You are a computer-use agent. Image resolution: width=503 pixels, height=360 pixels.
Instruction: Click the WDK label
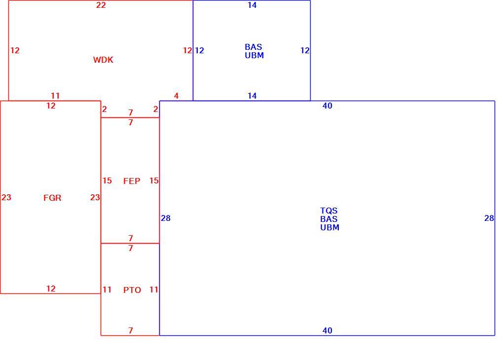[x=103, y=60]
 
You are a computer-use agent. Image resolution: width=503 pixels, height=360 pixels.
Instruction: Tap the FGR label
[x=52, y=198]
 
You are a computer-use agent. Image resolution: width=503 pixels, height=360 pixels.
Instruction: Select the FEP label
[x=132, y=181]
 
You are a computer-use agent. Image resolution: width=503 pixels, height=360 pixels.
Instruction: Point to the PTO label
[x=132, y=290]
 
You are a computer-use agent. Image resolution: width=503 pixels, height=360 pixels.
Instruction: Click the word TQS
[x=329, y=211]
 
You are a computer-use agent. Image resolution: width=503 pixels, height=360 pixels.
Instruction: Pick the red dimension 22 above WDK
[x=101, y=5]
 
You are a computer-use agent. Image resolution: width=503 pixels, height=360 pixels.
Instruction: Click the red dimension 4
[x=176, y=96]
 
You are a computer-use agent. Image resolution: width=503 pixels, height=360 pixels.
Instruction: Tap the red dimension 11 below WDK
[x=55, y=96]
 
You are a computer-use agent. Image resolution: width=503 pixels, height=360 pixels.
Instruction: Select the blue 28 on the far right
[x=489, y=218]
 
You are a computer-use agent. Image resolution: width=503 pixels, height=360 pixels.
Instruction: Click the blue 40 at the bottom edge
[x=327, y=330]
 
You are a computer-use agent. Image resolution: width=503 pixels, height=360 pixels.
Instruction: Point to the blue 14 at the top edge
[x=252, y=5]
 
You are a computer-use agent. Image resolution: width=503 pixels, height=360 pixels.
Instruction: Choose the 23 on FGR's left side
[x=6, y=197]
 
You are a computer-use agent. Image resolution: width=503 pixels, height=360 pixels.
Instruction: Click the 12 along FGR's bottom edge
[x=51, y=288]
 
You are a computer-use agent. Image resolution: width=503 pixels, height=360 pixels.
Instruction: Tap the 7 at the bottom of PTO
[x=131, y=330]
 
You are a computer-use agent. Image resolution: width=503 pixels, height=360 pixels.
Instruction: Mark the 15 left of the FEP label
[x=107, y=180]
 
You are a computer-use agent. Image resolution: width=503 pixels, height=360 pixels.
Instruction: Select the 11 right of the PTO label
[x=154, y=290]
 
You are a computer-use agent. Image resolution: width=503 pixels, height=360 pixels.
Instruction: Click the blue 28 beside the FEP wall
[x=166, y=218]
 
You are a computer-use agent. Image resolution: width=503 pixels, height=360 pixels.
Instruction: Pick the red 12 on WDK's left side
[x=15, y=50]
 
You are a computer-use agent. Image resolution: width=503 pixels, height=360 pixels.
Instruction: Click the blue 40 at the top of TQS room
[x=327, y=106]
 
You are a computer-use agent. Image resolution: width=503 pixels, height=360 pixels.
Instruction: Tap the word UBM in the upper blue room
[x=254, y=56]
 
